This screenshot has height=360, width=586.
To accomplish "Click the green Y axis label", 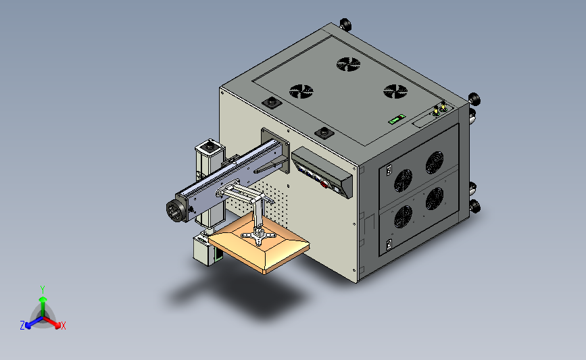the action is pos(43,290).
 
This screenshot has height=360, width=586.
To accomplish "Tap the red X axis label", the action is pos(63,326).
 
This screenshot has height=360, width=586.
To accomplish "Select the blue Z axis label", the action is pos(22,326).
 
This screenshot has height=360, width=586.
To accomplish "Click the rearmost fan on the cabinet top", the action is pos(348,64).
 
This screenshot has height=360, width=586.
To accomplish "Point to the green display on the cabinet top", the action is pos(397,119).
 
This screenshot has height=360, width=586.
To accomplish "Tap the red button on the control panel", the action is pos(324,184).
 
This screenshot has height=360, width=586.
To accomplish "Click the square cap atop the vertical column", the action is pos(210,147).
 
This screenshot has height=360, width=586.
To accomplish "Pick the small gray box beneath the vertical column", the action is pos(204,250).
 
